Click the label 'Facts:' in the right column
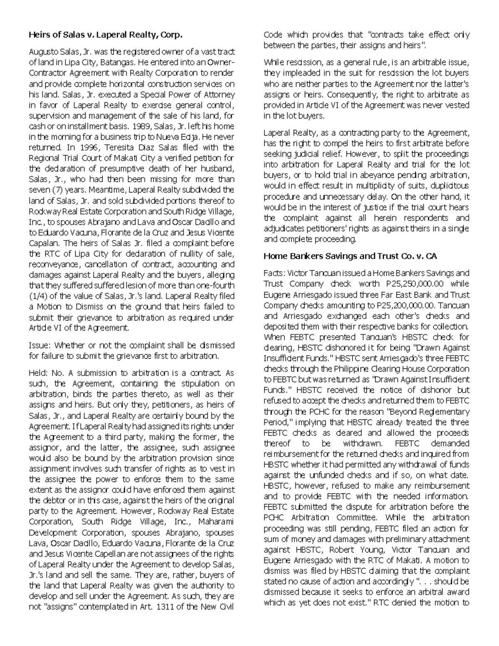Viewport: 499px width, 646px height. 275,273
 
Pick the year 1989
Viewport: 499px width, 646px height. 140,126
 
